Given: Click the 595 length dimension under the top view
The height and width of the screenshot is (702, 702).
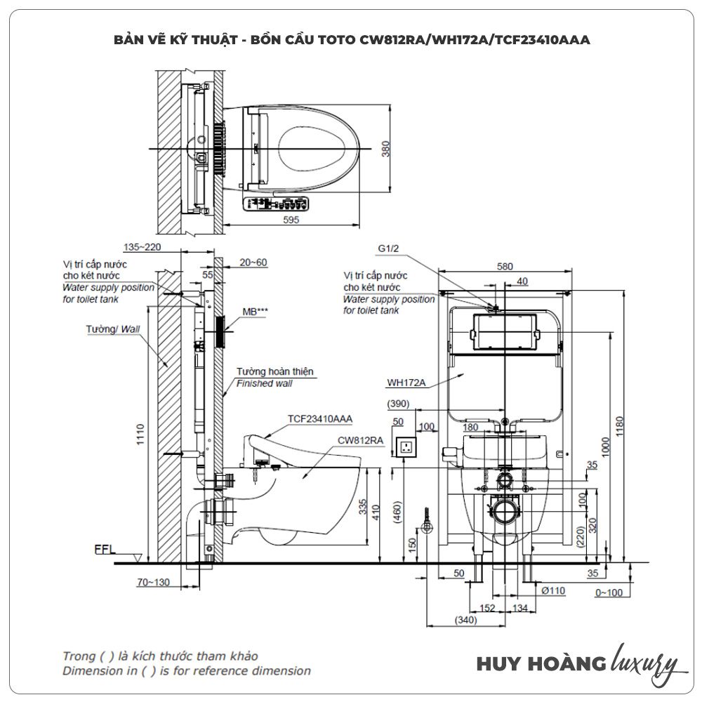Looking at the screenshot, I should (x=291, y=220).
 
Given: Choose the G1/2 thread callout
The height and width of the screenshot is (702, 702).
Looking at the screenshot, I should (x=389, y=249).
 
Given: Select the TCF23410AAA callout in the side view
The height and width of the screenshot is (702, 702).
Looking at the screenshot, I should (x=319, y=418).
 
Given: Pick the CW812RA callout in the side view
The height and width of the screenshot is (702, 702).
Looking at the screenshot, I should (x=359, y=440).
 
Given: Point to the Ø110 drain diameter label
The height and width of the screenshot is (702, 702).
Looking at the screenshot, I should (x=553, y=590).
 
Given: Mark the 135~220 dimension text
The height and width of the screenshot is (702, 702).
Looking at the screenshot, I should (x=143, y=247).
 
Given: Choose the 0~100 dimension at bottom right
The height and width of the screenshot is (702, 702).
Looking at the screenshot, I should (x=609, y=593).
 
